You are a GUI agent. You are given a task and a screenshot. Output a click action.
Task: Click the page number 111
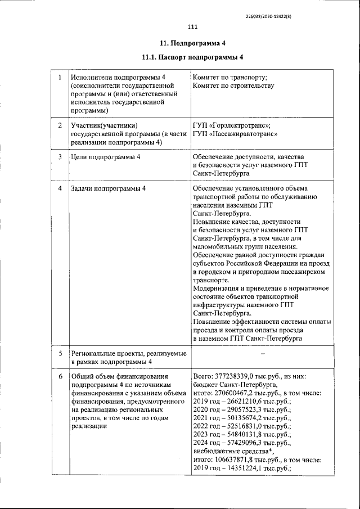(x=192, y=27)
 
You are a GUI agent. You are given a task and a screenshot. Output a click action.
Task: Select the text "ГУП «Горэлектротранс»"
(x=232, y=125)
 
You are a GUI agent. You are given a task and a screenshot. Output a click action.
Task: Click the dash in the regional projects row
(x=262, y=353)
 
